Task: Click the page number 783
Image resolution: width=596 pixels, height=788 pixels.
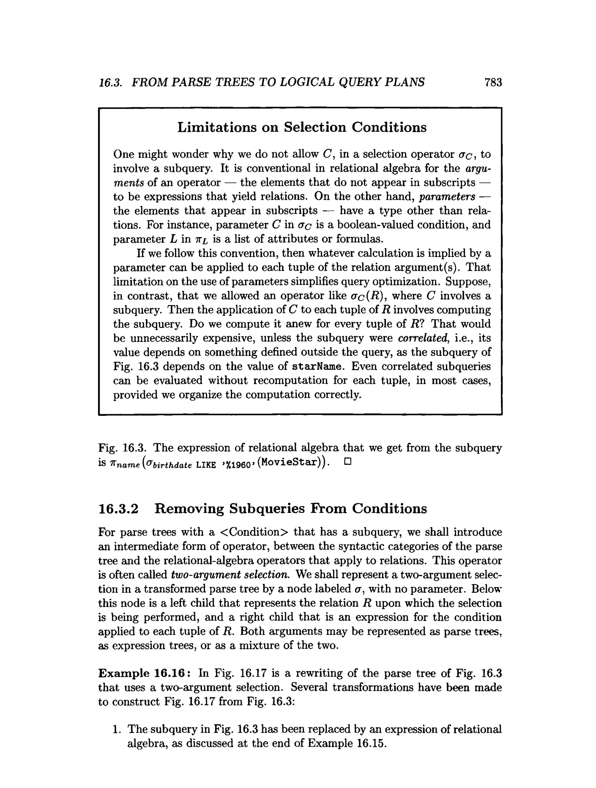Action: tap(493, 82)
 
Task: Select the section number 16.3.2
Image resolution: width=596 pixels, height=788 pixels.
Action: tap(118, 508)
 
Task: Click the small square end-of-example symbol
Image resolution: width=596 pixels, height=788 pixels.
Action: tap(348, 462)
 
